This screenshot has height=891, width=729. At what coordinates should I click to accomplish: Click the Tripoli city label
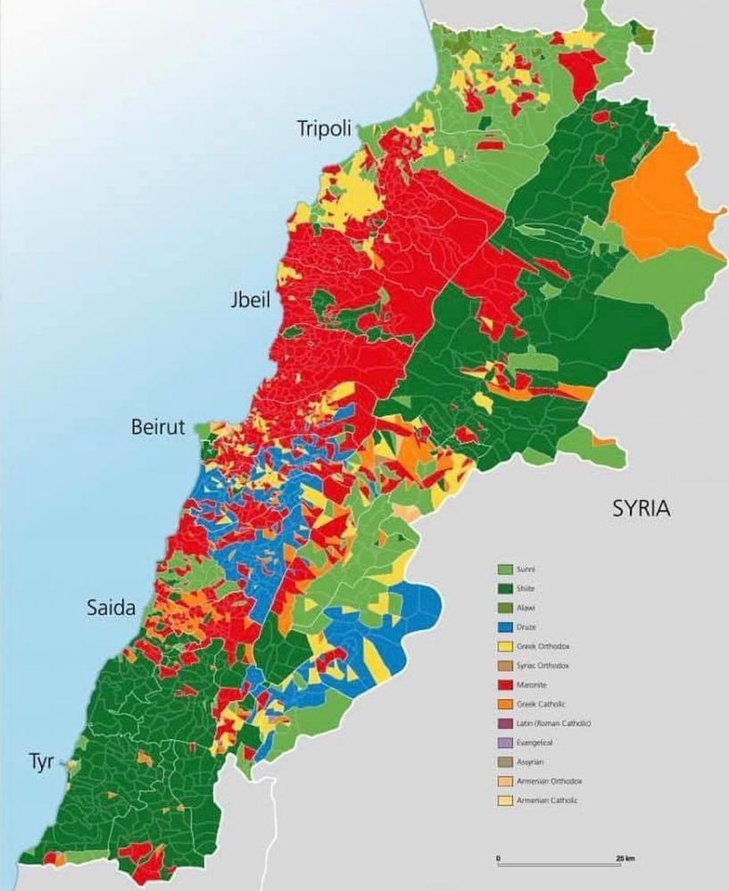click(326, 129)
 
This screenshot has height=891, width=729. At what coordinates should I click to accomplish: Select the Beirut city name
click(158, 427)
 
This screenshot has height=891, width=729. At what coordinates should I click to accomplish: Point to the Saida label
click(112, 609)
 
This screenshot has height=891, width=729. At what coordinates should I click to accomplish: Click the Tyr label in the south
click(40, 763)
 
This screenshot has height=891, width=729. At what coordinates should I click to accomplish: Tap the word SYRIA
click(641, 509)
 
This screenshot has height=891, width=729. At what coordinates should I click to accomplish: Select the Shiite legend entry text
click(527, 588)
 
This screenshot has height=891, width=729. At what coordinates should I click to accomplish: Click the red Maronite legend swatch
click(503, 685)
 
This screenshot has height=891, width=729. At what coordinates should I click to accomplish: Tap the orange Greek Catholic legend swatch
click(503, 704)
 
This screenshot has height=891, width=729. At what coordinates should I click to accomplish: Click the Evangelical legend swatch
click(503, 743)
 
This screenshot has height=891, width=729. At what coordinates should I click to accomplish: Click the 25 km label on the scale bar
click(625, 859)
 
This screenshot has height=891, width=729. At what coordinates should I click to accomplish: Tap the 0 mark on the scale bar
click(498, 859)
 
